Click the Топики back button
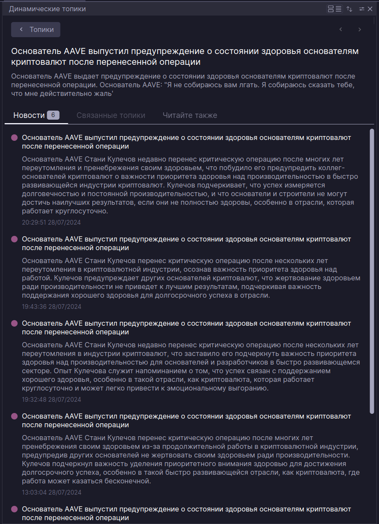pos(36,29)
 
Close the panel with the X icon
pos(370,9)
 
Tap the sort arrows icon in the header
pos(350,9)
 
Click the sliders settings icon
pos(362,9)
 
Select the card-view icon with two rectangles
pos(331,9)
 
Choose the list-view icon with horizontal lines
pos(339,9)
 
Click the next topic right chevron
pos(360,29)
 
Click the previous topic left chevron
pos(341,29)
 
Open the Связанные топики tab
pos(111,115)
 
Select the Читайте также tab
pos(190,115)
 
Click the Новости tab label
pos(29,115)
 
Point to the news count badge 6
pos(53,115)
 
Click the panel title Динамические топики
pos(47,9)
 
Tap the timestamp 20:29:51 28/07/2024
pos(51,222)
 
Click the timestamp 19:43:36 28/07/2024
pos(51,307)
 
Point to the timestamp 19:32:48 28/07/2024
pos(51,400)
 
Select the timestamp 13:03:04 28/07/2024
pos(51,492)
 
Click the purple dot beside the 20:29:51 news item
pos(14,137)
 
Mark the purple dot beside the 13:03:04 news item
pos(14,416)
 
